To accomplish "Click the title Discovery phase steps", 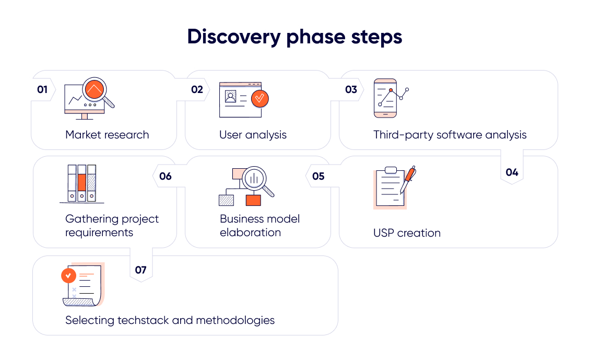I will pos(294,37).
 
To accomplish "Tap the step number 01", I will pos(42,90).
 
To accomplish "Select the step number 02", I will pos(197,90).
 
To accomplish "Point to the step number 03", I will pos(351,90).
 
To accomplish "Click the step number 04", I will pos(512,172).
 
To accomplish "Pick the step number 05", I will pos(319,177).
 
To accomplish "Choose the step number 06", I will pos(165,177).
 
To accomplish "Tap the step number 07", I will pos(140,270).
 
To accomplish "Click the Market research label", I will pos(107,135).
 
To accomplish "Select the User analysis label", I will pos(253,135).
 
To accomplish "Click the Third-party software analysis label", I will pos(450,135).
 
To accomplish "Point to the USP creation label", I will pos(407,233).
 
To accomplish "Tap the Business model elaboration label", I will pos(260,226).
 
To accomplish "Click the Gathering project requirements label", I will pos(112,226).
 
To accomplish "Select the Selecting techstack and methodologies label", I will pos(170,320).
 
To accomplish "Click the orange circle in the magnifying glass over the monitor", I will pos(94,90).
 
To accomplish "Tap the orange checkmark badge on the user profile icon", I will pos(260,98).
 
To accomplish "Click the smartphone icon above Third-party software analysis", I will pos(385,98).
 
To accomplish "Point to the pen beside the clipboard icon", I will pos(408,180).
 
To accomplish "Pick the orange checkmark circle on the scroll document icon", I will pos(68,275).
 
